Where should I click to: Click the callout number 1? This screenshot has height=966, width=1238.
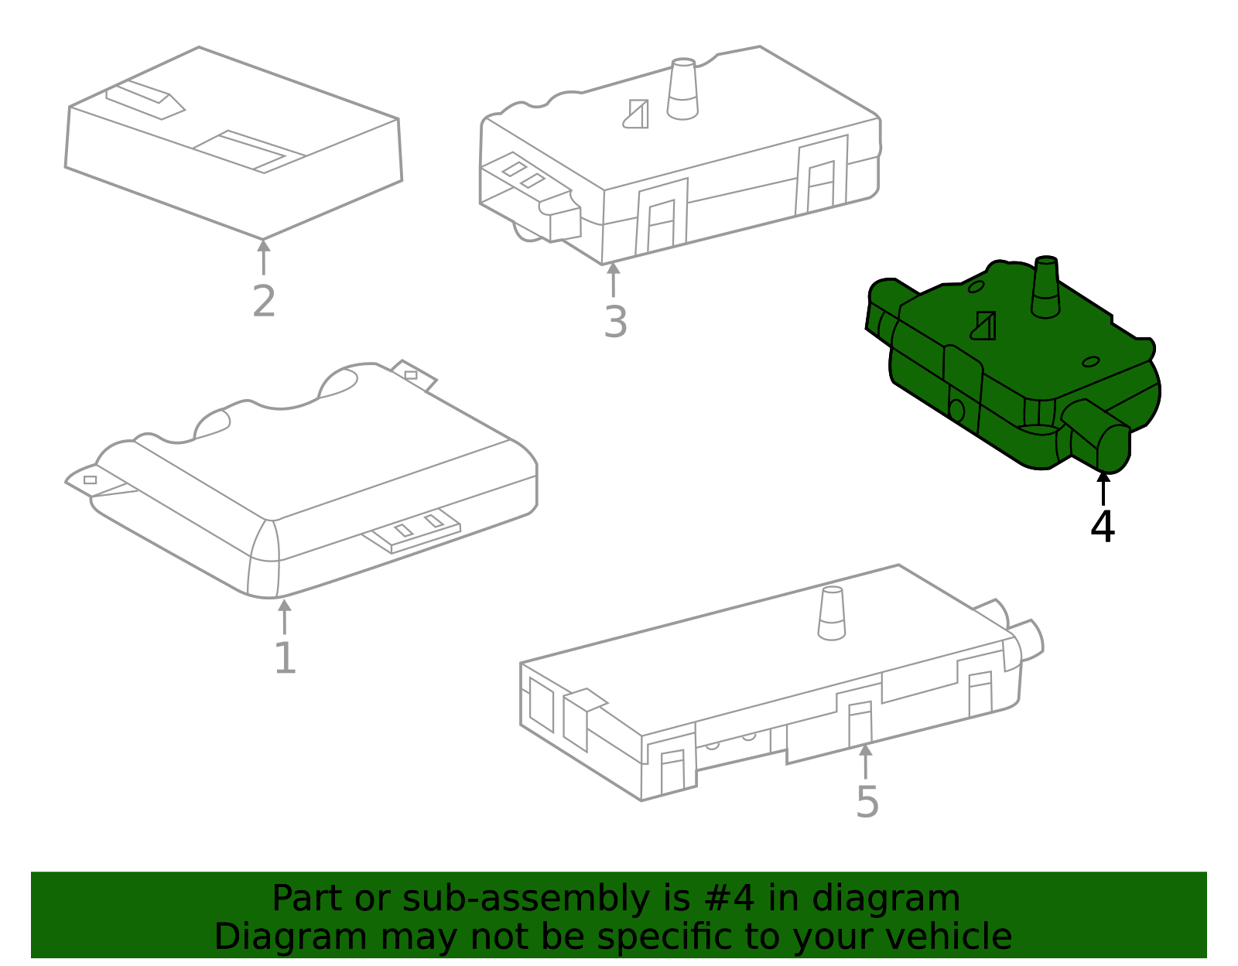click(x=286, y=658)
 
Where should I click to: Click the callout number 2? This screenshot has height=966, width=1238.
click(x=264, y=301)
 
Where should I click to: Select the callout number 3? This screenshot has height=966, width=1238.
click(x=615, y=323)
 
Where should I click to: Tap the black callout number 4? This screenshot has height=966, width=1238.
click(x=1103, y=527)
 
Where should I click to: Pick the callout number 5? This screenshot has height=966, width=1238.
click(x=867, y=802)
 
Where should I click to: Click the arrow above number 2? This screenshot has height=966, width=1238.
click(x=263, y=257)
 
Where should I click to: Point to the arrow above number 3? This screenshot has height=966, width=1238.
click(x=613, y=279)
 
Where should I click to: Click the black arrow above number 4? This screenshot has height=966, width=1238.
click(x=1103, y=488)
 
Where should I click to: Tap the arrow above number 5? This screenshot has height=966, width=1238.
click(x=865, y=761)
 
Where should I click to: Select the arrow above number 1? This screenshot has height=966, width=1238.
click(x=284, y=616)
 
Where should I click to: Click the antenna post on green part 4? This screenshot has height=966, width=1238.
click(x=1045, y=287)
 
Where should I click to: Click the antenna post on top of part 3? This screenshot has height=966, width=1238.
click(x=682, y=89)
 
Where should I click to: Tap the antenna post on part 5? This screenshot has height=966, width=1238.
click(x=831, y=613)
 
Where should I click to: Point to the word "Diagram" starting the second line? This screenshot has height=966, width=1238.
click(x=291, y=937)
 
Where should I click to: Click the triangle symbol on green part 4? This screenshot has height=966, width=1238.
click(x=984, y=326)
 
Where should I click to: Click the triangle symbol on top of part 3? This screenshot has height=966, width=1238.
click(x=636, y=114)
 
